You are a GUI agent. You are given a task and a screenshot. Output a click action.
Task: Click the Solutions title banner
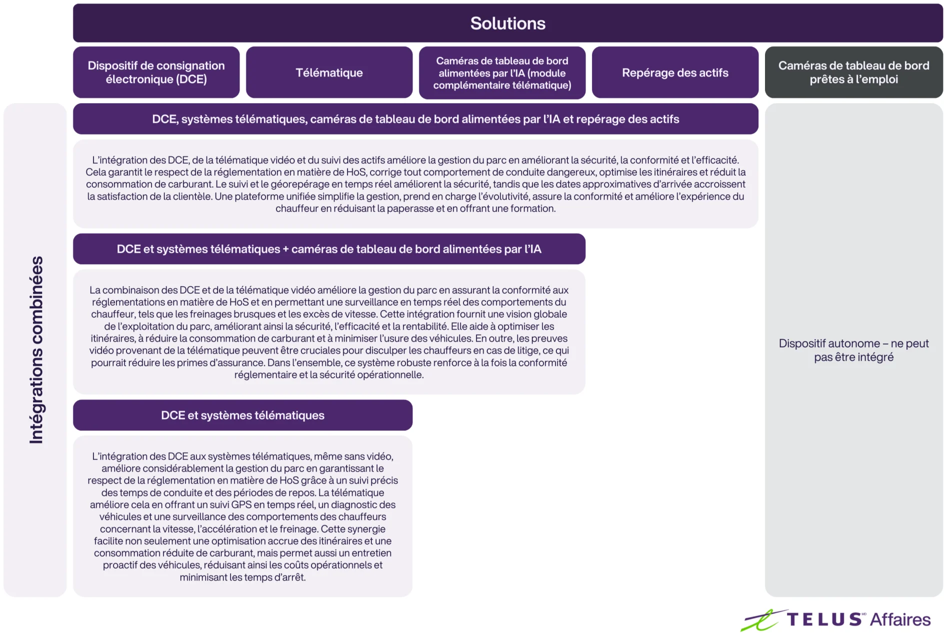point(507,24)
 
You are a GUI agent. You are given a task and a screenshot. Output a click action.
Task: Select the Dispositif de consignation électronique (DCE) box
point(156,73)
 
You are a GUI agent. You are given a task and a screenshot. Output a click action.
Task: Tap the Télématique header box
point(329,73)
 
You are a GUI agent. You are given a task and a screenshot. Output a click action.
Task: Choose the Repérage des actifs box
point(675,73)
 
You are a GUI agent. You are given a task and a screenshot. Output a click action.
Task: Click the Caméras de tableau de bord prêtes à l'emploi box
point(853,73)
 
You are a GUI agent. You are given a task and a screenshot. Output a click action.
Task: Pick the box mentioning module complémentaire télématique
point(502,73)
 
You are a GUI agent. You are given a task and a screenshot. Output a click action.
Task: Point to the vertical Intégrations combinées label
point(36,350)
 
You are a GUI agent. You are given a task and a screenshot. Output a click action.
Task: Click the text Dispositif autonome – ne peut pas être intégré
point(853,350)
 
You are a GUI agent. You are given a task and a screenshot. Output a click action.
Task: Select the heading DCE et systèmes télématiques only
point(242,415)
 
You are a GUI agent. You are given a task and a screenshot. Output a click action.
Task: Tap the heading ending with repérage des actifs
point(415,119)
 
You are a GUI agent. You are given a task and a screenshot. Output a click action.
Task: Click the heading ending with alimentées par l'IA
point(329,249)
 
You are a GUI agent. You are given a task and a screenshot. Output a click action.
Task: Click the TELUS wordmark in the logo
point(824,619)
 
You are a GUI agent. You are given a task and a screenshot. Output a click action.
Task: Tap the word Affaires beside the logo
point(900,619)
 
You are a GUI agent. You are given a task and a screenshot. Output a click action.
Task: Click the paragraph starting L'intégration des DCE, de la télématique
point(415,184)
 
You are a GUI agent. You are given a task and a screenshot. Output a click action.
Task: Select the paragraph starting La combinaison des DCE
point(329,332)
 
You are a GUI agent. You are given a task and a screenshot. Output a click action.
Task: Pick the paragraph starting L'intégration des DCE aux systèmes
point(242,516)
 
